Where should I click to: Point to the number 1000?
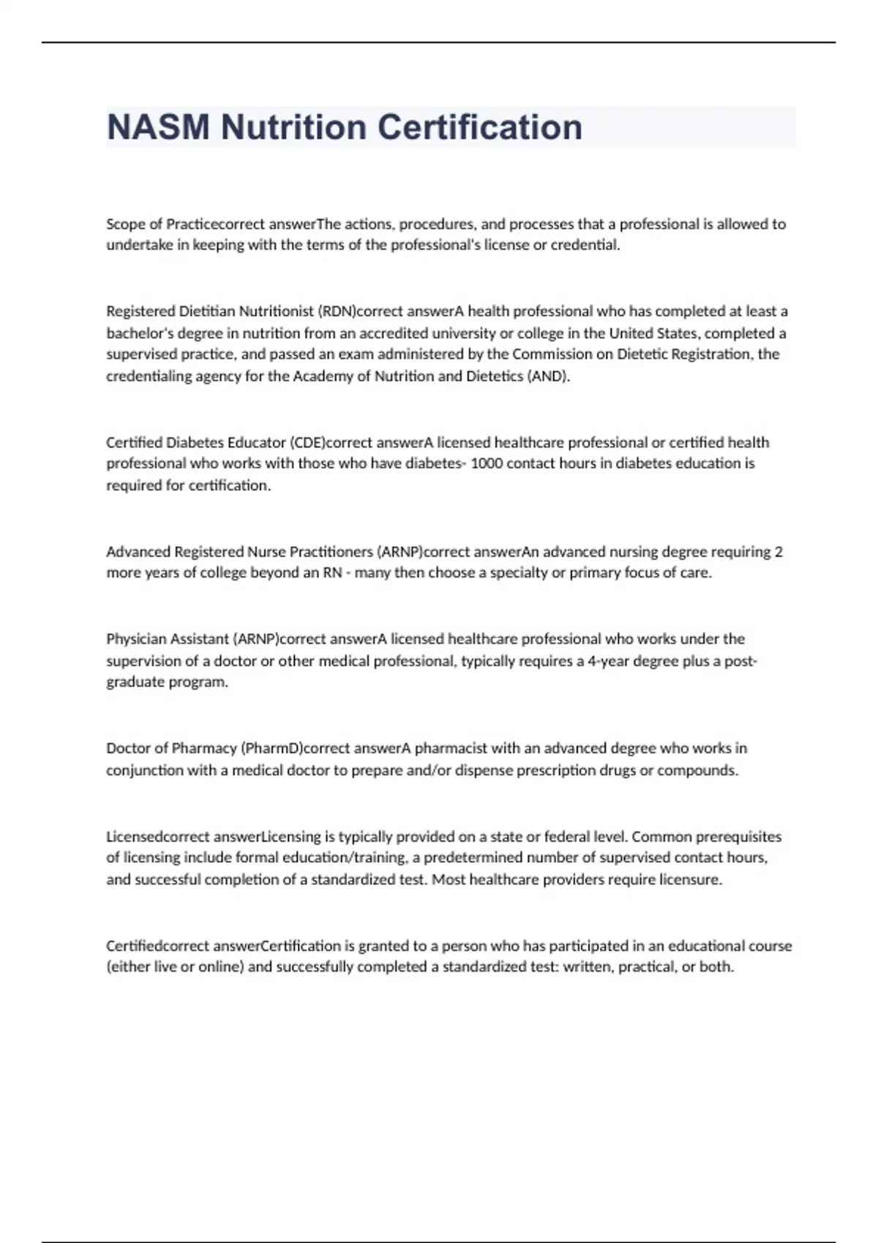tap(487, 464)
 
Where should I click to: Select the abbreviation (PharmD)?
tap(272, 748)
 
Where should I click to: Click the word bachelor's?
tap(140, 333)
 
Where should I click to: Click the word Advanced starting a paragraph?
tap(138, 551)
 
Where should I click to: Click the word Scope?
tap(126, 224)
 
